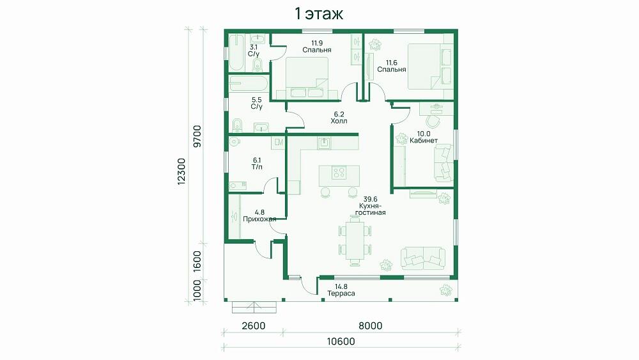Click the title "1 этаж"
click(319, 14)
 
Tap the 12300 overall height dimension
click(181, 171)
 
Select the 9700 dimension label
click(197, 136)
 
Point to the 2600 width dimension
click(254, 325)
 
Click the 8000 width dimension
click(371, 325)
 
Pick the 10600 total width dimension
click(341, 341)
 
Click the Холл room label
click(339, 121)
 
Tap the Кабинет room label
click(424, 141)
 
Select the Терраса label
click(341, 293)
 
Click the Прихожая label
click(259, 219)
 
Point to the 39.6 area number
click(371, 199)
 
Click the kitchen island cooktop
click(339, 173)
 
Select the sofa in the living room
click(423, 258)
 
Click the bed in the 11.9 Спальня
click(307, 77)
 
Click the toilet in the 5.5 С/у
click(237, 125)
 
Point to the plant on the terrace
click(446, 290)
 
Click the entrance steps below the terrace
click(254, 307)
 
